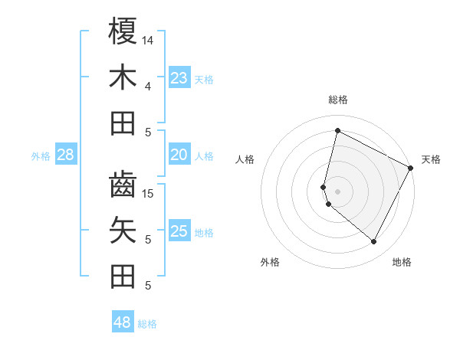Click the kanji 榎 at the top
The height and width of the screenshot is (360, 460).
click(123, 31)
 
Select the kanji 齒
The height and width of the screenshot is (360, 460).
click(123, 185)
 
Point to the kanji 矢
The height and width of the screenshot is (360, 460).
click(123, 230)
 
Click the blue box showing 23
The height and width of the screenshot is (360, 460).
click(179, 78)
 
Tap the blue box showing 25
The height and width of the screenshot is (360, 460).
click(179, 231)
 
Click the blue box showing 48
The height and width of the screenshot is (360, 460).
click(123, 322)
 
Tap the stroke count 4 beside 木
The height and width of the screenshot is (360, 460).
click(148, 86)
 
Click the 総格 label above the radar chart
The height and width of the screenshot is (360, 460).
click(338, 100)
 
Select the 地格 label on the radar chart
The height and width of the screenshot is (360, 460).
click(402, 262)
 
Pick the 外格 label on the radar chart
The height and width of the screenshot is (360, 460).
click(270, 262)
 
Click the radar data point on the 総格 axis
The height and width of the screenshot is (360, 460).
click(337, 130)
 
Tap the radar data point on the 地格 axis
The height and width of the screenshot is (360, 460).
click(374, 241)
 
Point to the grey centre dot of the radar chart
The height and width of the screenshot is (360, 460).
click(337, 191)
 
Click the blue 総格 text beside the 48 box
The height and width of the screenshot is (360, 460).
click(147, 324)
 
